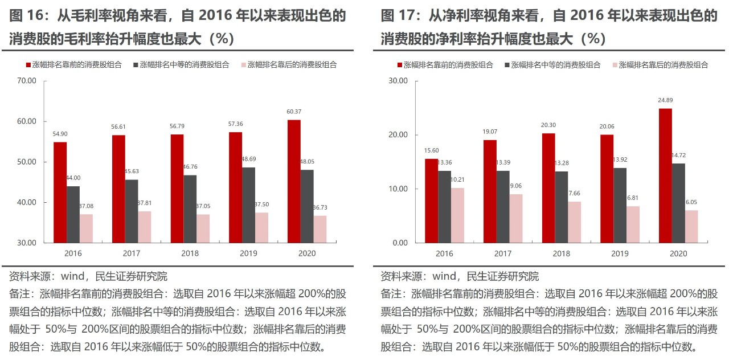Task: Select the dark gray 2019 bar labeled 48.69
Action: tap(248, 204)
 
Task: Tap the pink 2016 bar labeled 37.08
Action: tap(86, 228)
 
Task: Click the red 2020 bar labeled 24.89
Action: tap(665, 175)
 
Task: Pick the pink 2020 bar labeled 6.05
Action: tap(691, 226)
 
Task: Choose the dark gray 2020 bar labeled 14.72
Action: tap(678, 203)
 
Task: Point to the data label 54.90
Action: tap(60, 133)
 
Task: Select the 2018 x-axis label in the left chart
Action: tap(190, 253)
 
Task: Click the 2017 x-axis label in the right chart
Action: tap(502, 253)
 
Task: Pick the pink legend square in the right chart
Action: tap(615, 65)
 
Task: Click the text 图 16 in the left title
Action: tap(23, 15)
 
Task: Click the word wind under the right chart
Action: tap(444, 277)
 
